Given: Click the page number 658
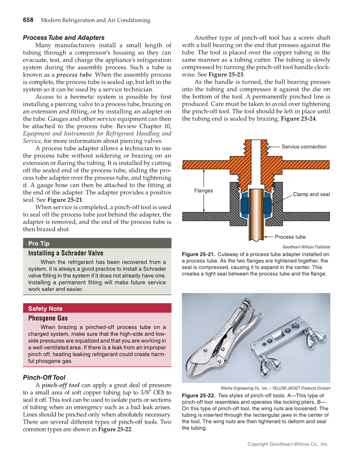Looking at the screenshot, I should [x=28, y=20].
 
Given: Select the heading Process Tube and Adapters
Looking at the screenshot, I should [x=64, y=38].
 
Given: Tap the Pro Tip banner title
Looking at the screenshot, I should [x=39, y=243].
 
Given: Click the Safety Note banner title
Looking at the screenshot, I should [x=45, y=309].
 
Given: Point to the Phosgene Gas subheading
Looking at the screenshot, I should [x=48, y=318].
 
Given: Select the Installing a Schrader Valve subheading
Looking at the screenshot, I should [x=66, y=253].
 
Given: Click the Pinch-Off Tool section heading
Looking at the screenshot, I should [x=44, y=377].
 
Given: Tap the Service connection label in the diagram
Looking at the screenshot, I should [x=304, y=147].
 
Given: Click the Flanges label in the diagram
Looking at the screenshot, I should [x=204, y=190].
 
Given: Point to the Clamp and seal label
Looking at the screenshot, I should [x=311, y=194].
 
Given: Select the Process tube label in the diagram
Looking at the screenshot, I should [x=290, y=237].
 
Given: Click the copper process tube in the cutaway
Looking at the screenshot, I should [x=256, y=216].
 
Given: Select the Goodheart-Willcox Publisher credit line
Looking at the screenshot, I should [x=306, y=247].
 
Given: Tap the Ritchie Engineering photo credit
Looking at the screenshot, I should [x=276, y=388].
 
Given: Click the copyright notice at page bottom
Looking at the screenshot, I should [x=288, y=444].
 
